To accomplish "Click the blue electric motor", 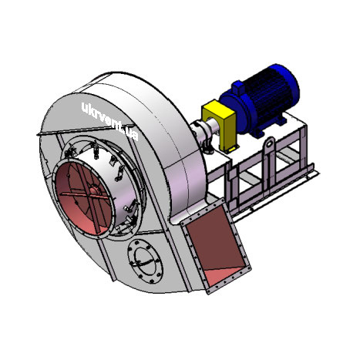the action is [260, 99].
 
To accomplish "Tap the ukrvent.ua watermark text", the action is [110, 121].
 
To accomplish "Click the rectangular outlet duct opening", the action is [215, 247].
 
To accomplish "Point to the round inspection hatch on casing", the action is [146, 261].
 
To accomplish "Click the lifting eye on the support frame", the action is [269, 144].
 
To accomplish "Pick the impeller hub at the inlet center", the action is [94, 190].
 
